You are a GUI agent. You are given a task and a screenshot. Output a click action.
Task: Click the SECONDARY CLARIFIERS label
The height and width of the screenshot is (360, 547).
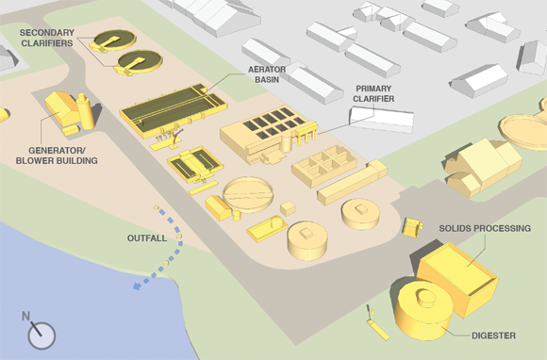coord(47,38)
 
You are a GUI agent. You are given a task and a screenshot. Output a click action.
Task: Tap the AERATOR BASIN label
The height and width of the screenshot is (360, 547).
coord(267,74)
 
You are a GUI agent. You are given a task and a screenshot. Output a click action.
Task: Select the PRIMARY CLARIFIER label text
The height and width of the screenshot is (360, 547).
coord(373,93)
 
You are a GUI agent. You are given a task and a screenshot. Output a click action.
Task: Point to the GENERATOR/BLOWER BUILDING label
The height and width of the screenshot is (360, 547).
coord(57,155)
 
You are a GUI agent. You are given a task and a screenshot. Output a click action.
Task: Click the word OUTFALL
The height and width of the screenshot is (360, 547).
coord(147,238)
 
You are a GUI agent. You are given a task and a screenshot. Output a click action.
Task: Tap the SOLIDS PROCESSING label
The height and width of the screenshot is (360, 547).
coord(485,229)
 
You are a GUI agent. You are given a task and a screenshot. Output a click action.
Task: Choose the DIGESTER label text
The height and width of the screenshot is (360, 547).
coord(493,335)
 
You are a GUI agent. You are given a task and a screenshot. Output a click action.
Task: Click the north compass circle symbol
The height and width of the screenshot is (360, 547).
coord(41,335)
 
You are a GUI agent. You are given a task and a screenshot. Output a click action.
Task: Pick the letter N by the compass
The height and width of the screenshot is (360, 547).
coord(25,316)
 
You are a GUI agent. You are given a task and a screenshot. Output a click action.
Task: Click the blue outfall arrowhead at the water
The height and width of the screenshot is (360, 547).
coord(138,286)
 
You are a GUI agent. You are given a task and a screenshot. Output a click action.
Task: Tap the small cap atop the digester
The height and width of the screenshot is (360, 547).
coord(426,298)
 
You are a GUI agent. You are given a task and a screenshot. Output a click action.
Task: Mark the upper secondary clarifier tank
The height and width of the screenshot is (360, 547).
coord(113,41)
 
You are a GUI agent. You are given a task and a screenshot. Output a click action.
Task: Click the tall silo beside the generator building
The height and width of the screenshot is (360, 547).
coord(86,111)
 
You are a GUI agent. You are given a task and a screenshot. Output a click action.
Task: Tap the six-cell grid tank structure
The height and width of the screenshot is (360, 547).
coord(324,166)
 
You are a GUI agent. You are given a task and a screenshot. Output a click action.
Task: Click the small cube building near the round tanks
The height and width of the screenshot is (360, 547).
coord(288,208)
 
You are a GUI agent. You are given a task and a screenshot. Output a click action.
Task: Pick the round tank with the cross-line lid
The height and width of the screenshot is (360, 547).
coord(248,194)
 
